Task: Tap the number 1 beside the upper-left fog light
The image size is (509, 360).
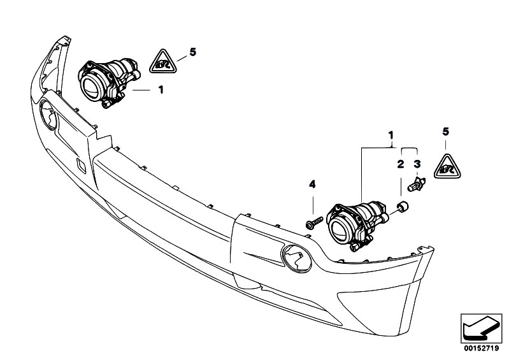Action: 161,90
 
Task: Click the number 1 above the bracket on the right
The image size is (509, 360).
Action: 391,136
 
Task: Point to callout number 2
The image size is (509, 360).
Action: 401,164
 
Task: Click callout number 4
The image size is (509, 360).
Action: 312,185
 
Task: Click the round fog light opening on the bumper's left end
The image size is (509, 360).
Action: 48,115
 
